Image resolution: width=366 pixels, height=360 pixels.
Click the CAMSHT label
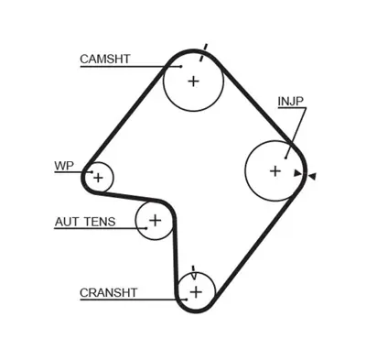[x=105, y=59]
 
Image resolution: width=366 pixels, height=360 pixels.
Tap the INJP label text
[x=292, y=101]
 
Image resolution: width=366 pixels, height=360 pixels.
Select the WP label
[x=64, y=166]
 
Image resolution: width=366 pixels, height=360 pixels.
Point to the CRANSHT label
[x=109, y=292]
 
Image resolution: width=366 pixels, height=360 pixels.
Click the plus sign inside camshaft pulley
[x=193, y=81]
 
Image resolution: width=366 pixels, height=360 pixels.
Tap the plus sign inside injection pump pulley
[x=274, y=169]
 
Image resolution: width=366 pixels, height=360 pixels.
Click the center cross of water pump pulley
[x=98, y=176]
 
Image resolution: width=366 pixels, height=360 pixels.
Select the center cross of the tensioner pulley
[x=155, y=220]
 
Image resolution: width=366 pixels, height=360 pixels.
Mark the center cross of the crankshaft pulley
[x=195, y=292]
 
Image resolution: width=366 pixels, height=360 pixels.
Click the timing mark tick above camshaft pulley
[x=205, y=48]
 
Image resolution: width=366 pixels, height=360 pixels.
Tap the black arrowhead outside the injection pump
[x=312, y=175]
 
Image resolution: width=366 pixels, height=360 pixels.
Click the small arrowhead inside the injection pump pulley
[x=296, y=172]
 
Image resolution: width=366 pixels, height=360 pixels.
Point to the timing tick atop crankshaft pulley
[x=194, y=272]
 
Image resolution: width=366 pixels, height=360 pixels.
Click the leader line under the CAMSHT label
[x=128, y=67]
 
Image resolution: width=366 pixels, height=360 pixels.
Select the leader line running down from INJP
[x=298, y=128]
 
